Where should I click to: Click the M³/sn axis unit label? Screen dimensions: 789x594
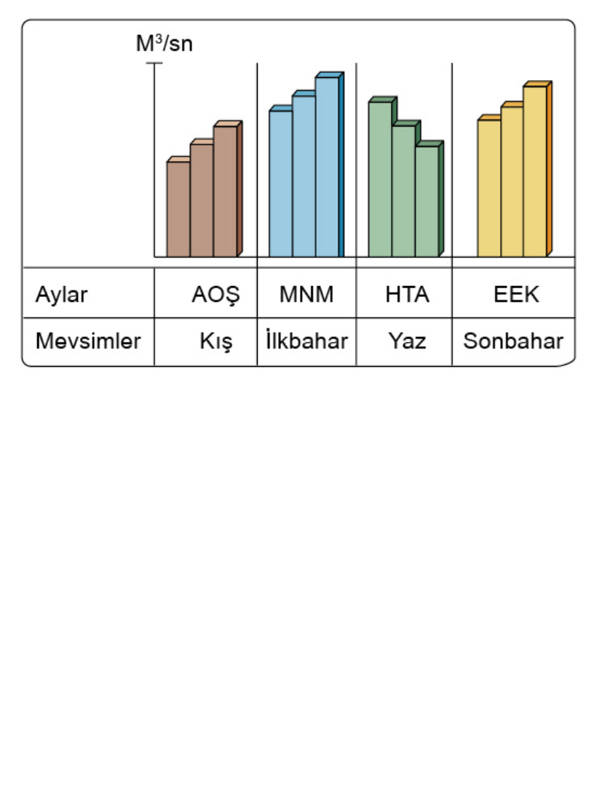(165, 45)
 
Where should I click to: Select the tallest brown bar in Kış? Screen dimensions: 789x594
(225, 191)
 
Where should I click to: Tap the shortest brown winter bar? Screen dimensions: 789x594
(178, 208)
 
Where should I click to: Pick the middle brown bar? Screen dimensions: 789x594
(202, 199)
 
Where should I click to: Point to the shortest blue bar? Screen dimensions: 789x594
(280, 183)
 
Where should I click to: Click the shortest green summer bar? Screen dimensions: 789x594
(427, 201)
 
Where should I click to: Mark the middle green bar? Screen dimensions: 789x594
(404, 191)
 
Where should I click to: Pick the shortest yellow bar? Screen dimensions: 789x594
(489, 187)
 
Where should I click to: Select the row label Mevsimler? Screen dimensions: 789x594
(87, 341)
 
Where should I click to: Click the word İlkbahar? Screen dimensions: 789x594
(306, 341)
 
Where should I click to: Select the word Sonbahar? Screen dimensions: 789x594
(513, 341)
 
